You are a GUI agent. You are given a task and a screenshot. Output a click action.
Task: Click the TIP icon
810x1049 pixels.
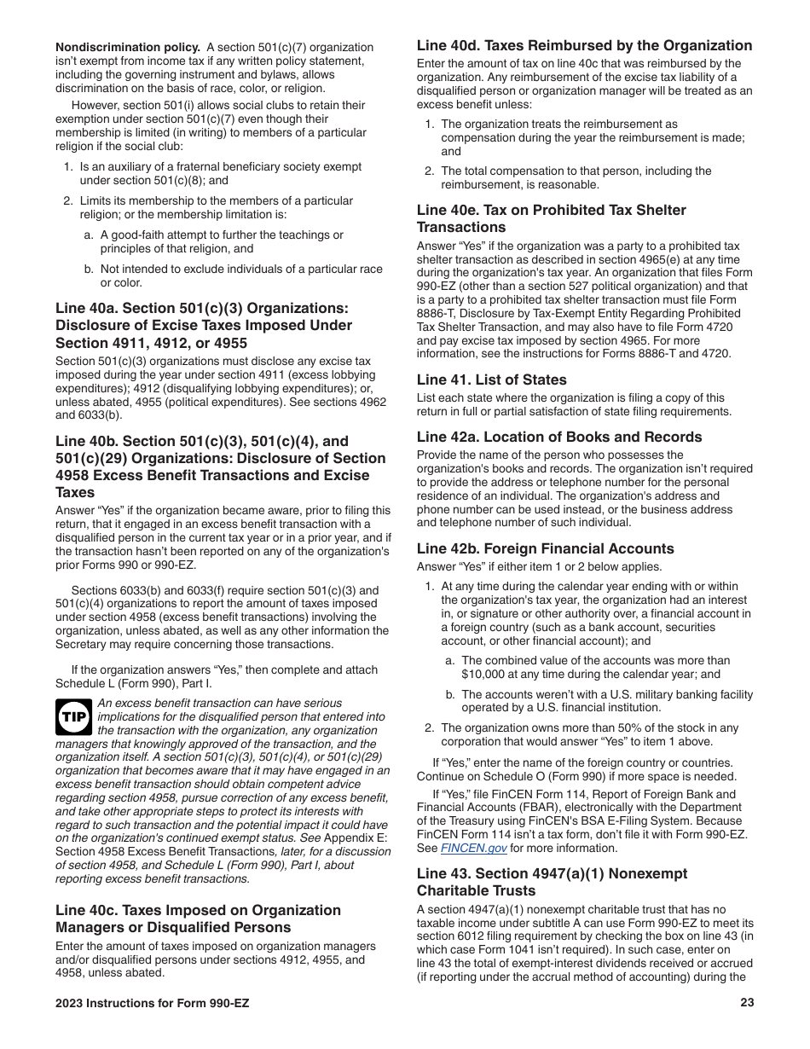(x=74, y=718)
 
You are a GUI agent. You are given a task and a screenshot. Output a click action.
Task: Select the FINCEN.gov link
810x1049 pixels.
(x=473, y=849)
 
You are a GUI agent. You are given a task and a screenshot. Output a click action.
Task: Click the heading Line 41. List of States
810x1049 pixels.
(x=491, y=380)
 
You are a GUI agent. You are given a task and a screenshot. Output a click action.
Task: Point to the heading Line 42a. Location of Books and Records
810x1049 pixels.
(x=559, y=437)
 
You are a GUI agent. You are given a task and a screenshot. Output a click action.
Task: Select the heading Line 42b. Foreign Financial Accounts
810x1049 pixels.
(x=545, y=548)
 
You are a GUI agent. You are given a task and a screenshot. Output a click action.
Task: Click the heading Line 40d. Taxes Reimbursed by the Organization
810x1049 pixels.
(x=584, y=45)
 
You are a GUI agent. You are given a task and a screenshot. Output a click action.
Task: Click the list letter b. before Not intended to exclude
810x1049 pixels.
(x=89, y=269)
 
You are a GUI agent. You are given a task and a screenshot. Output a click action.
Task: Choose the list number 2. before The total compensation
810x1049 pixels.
(x=431, y=171)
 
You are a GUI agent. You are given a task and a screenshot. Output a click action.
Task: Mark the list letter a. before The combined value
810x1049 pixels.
(x=450, y=660)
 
